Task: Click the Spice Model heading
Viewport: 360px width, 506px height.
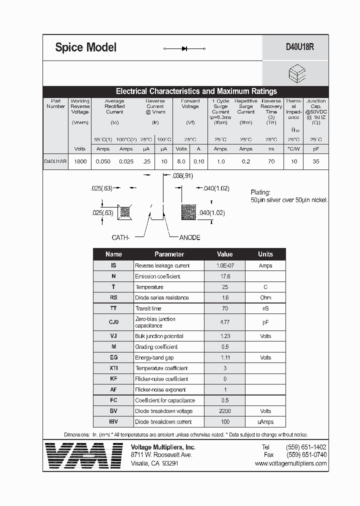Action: click(x=85, y=47)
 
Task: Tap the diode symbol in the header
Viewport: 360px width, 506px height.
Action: click(x=184, y=48)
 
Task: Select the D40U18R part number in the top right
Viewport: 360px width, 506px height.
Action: click(x=299, y=47)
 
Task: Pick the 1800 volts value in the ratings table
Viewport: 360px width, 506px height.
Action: click(x=80, y=161)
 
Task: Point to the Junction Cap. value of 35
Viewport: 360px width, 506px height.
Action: click(x=315, y=161)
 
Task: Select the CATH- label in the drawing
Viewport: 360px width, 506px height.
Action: click(x=120, y=237)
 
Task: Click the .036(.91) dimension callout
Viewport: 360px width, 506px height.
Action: click(x=182, y=176)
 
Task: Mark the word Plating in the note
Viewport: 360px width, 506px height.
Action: click(x=260, y=192)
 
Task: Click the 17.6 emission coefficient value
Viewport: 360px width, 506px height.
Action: click(x=224, y=276)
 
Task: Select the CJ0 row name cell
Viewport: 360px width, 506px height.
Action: click(x=113, y=322)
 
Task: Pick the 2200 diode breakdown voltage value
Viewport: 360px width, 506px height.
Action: click(x=224, y=411)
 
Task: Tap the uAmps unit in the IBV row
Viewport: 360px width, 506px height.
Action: click(x=265, y=421)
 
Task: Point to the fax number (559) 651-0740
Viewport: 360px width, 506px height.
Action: click(x=306, y=455)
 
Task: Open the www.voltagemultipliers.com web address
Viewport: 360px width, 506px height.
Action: click(x=290, y=463)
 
